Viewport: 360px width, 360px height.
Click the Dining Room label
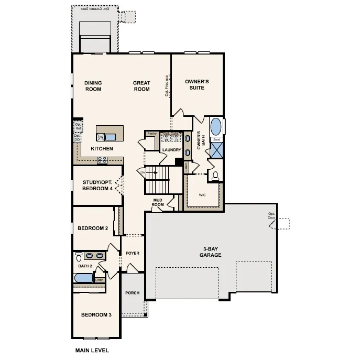click(93, 86)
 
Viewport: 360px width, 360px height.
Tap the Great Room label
click(141, 86)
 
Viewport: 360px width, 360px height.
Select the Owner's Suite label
click(198, 85)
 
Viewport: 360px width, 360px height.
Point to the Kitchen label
click(102, 149)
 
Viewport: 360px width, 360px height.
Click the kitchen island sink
click(111, 137)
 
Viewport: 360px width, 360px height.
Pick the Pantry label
click(151, 134)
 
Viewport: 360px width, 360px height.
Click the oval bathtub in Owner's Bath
click(216, 127)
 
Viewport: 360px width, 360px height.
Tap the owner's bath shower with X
click(216, 150)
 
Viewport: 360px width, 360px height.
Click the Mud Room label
click(159, 202)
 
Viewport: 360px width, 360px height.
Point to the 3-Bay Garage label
click(210, 252)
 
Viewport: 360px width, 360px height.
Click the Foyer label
click(133, 253)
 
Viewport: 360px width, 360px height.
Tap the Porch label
click(133, 293)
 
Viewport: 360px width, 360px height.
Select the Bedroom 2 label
click(93, 228)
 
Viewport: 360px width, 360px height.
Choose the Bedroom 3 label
click(96, 315)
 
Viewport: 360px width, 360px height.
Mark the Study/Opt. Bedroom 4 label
click(98, 186)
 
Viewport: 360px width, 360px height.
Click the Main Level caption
click(92, 350)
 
